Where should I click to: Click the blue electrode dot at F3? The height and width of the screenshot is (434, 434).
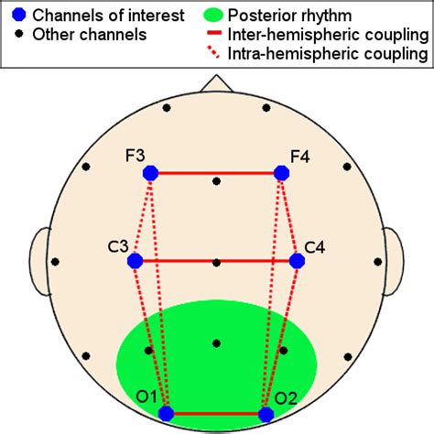pyautogui.click(x=151, y=172)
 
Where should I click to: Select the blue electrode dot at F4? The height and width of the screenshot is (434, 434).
pyautogui.click(x=281, y=172)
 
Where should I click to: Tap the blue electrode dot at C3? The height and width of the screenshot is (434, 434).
pyautogui.click(x=136, y=261)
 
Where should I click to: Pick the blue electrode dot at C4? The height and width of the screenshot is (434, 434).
pyautogui.click(x=297, y=261)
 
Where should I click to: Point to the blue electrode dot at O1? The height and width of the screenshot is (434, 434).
pyautogui.click(x=167, y=414)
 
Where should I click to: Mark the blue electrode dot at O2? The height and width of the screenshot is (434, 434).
pyautogui.click(x=266, y=414)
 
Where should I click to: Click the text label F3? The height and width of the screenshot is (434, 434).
pyautogui.click(x=136, y=157)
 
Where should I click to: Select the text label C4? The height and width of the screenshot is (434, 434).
pyautogui.click(x=315, y=246)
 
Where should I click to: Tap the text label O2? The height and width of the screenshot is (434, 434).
pyautogui.click(x=285, y=398)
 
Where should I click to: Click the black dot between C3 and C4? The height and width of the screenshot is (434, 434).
pyautogui.click(x=216, y=262)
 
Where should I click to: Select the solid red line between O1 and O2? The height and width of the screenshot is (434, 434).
pyautogui.click(x=216, y=414)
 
